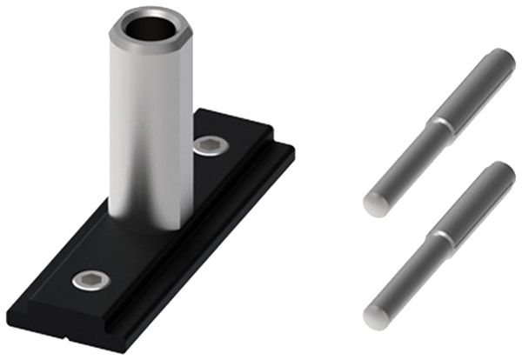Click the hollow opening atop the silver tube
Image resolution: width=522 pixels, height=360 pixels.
click(x=149, y=29)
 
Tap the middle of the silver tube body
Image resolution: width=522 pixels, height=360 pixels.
click(x=149, y=130)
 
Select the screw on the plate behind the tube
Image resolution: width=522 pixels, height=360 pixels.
click(x=210, y=145)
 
